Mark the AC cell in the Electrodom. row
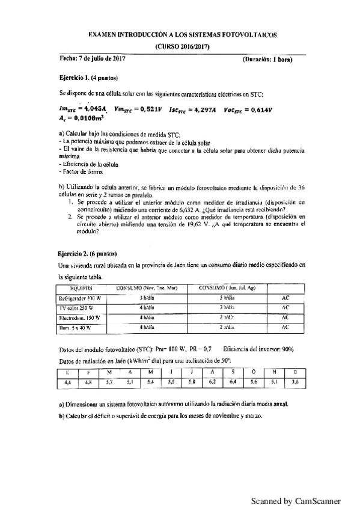coord(285,318)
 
